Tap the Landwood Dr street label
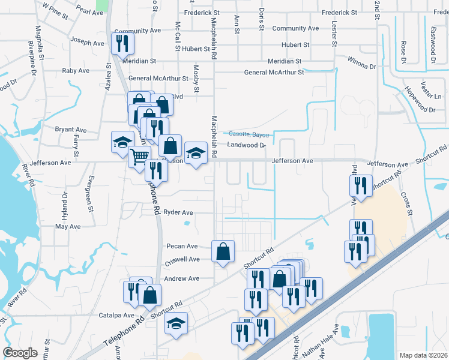pyautogui.click(x=246, y=145)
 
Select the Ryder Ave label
pyautogui.click(x=178, y=212)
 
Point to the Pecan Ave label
pyautogui.click(x=182, y=246)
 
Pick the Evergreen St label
pyautogui.click(x=90, y=193)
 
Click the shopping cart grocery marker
pyautogui.click(x=139, y=156)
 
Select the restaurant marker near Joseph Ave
pyautogui.click(x=122, y=43)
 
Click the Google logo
pyautogui.click(x=21, y=353)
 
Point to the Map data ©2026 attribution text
pyautogui.click(x=423, y=355)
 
